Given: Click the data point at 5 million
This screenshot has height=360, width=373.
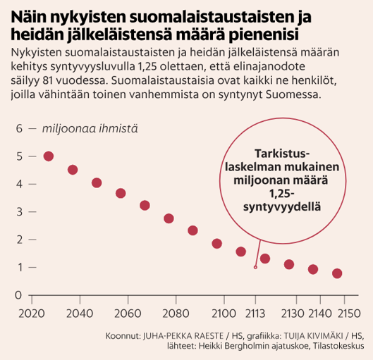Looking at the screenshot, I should pos(49,156).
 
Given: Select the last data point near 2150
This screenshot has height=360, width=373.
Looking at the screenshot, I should pos(337,273).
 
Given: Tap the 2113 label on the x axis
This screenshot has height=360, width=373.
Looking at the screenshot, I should pos(255,313).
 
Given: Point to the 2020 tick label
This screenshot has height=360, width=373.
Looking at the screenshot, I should pos(31,313).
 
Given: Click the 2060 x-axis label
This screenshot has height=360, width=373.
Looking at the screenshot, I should pos(127,313).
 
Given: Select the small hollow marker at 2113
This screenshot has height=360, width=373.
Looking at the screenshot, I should pos(255,267).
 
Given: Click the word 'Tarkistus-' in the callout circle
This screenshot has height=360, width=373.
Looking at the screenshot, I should pos(281,154).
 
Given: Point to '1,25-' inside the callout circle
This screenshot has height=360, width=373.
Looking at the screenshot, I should pos(281,194).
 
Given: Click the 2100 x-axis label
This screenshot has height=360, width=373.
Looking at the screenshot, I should pos(223,313).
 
